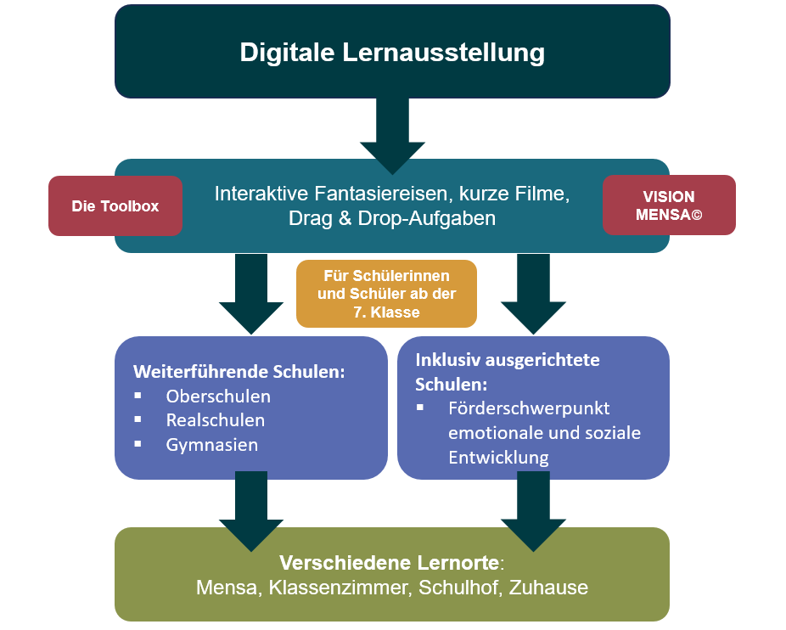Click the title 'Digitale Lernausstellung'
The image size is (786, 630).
click(392, 52)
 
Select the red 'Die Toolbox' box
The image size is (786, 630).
click(115, 205)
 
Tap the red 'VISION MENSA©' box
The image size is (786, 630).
click(669, 205)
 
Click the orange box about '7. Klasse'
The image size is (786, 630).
click(386, 294)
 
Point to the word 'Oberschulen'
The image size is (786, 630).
click(218, 397)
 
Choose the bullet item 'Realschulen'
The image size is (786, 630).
click(215, 420)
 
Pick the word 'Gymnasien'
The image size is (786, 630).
click(212, 444)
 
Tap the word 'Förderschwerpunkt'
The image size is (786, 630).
click(529, 408)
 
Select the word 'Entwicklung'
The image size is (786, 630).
click(498, 457)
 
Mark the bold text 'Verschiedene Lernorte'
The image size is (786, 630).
click(390, 563)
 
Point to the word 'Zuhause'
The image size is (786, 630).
click(548, 588)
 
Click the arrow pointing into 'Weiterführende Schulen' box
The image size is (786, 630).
click(250, 293)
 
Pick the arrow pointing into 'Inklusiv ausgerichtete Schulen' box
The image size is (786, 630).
click(533, 293)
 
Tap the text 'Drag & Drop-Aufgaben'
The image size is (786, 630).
click(392, 218)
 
